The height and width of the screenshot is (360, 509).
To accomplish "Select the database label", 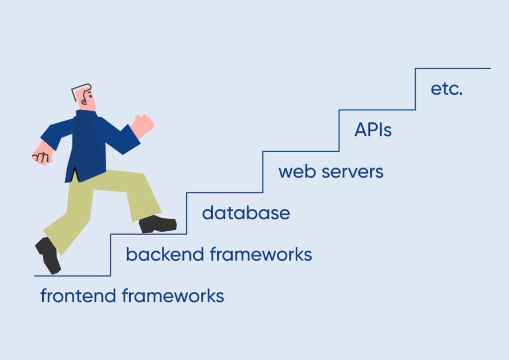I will pyautogui.click(x=246, y=213).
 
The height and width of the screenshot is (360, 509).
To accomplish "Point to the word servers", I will pyautogui.click(x=352, y=172).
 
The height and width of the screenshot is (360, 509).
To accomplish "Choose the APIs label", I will pyautogui.click(x=373, y=130).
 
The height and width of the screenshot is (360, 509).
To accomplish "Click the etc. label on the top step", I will pyautogui.click(x=446, y=89).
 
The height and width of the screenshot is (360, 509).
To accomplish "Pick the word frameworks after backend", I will pyautogui.click(x=260, y=254).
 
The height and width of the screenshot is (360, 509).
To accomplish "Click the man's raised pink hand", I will pyautogui.click(x=143, y=125).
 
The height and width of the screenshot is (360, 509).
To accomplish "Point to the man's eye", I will pyautogui.click(x=90, y=95).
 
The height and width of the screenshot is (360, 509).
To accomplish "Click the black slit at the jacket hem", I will pyautogui.click(x=75, y=174).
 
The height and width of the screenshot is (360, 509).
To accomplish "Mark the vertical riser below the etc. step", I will pyautogui.click(x=415, y=89).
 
